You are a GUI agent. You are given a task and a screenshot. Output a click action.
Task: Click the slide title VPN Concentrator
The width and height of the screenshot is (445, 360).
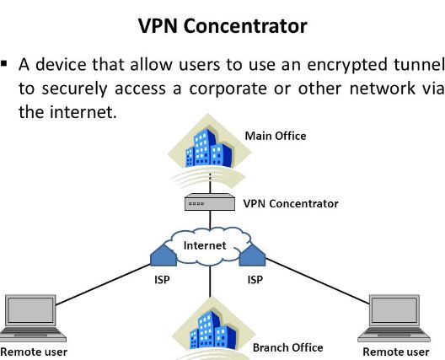[222, 26]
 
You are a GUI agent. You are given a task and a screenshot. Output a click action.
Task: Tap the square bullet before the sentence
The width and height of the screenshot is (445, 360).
[4, 63]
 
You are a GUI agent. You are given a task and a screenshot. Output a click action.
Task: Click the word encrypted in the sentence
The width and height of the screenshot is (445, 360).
[346, 65]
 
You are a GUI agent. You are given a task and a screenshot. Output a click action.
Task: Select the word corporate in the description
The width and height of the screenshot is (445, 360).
[228, 89]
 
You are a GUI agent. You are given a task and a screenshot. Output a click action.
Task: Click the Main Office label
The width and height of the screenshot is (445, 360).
[276, 136]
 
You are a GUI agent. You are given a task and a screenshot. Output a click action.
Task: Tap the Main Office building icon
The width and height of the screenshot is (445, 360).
[209, 148]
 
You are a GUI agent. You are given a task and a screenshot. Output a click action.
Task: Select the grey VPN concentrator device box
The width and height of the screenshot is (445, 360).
[210, 202]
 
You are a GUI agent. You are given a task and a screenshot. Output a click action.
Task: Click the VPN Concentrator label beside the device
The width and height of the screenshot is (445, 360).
[291, 203]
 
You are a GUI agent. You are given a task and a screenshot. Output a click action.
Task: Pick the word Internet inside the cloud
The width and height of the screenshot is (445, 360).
[205, 245]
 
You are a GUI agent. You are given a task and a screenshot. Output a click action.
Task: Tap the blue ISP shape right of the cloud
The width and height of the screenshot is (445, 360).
[252, 255]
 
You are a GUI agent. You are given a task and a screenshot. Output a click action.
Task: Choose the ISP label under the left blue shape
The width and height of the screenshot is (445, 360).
[162, 280]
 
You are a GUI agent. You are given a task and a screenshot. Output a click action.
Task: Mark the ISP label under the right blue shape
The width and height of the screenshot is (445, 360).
[255, 280]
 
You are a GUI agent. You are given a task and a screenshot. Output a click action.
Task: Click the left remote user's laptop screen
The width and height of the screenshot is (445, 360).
[30, 310]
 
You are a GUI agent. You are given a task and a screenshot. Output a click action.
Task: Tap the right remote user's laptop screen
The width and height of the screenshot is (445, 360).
[394, 310]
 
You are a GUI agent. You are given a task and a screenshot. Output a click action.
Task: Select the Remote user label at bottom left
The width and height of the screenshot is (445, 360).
[34, 352]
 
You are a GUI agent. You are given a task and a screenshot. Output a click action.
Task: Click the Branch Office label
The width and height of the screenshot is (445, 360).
[287, 348]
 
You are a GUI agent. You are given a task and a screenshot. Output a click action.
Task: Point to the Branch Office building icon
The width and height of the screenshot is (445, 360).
[213, 330]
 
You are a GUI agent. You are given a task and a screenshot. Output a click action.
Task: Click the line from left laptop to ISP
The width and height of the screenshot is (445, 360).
[103, 285]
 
